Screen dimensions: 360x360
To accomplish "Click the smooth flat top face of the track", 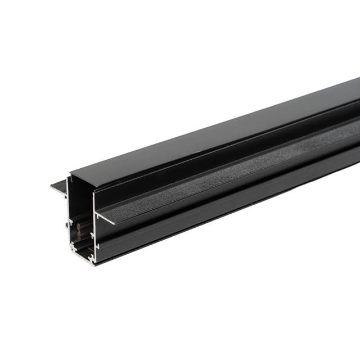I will tap(214, 135).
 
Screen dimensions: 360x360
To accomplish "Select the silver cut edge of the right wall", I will tap(93, 236).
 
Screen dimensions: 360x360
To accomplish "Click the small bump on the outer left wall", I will tap(66, 224).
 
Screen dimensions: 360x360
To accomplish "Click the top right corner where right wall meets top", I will tap(93, 186).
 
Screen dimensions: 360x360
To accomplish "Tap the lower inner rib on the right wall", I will tap(91, 246).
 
